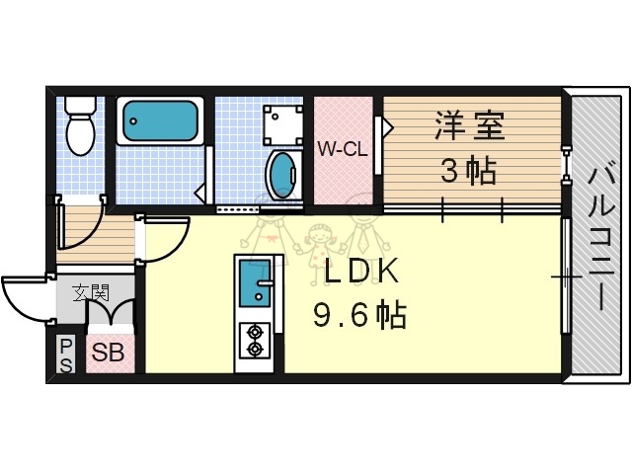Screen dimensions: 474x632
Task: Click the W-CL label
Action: [x=342, y=150]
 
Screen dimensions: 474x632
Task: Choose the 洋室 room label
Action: [x=469, y=128]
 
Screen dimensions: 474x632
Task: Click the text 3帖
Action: [x=468, y=172]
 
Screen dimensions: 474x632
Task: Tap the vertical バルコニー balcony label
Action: [x=597, y=237]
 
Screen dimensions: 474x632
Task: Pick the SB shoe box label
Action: [x=109, y=352]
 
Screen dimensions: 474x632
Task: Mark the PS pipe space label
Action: [x=66, y=354]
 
